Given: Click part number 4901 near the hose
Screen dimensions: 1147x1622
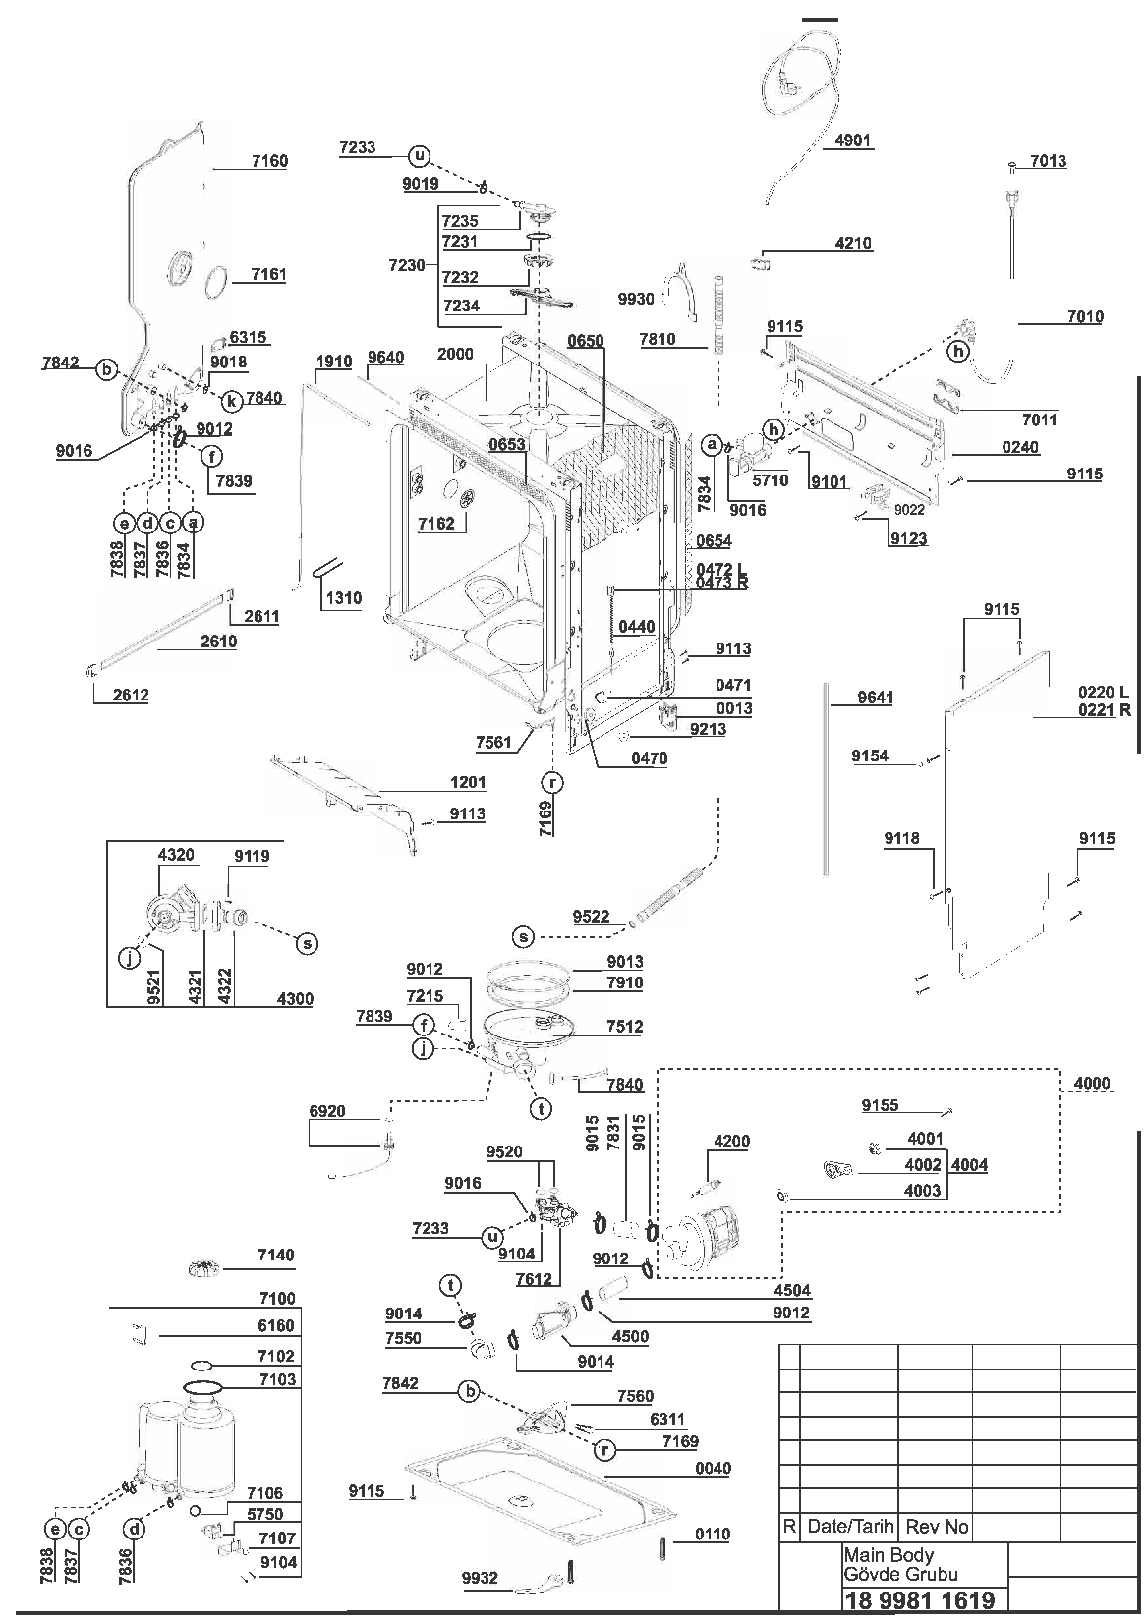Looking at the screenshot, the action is [x=852, y=140].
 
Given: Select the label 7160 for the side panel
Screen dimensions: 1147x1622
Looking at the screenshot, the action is [x=269, y=161].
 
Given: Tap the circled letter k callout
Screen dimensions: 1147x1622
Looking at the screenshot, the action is [x=231, y=401].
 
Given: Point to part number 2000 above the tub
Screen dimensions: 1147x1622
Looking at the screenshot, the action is [x=455, y=354].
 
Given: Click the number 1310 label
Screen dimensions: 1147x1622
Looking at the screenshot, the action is [x=343, y=597].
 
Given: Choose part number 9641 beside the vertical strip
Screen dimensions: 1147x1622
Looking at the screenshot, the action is [x=876, y=698].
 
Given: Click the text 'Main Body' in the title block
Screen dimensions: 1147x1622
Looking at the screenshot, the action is [x=889, y=1555].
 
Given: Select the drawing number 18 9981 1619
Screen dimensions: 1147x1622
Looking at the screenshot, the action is [x=920, y=1599].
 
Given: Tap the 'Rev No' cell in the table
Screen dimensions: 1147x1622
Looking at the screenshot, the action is [x=937, y=1527].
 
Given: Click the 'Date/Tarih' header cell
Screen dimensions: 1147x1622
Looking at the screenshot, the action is [x=850, y=1527].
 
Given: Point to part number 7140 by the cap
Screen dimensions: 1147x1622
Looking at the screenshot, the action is [x=276, y=1255].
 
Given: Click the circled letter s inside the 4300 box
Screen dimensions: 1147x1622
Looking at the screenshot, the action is [x=308, y=943].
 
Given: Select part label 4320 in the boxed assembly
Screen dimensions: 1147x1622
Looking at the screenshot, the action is [x=176, y=855].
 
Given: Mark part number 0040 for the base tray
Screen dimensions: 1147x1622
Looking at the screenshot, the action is [x=713, y=1468].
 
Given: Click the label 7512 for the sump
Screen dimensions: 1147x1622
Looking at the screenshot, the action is [x=624, y=1026].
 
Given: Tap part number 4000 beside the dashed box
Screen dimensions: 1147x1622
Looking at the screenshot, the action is [x=1092, y=1083].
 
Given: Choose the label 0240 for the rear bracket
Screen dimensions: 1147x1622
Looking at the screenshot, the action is [x=1020, y=447].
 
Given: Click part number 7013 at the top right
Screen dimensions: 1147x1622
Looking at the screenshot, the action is [x=1048, y=161].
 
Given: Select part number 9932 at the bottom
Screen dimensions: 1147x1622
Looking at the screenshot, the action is [x=480, y=1578].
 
